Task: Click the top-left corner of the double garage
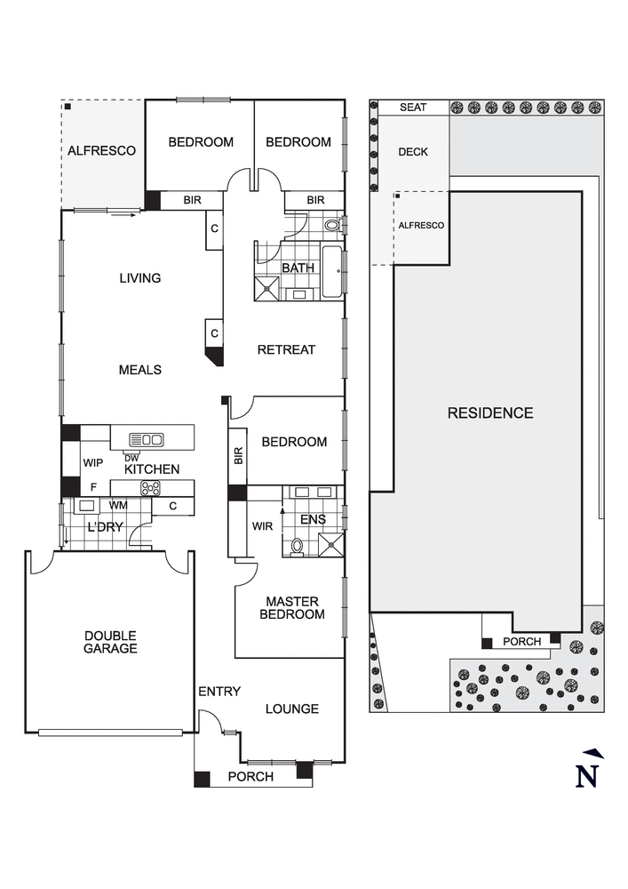[26, 550]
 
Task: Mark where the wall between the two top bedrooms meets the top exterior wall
[254, 101]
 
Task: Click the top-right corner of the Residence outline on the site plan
[582, 192]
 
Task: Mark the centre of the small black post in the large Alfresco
[68, 106]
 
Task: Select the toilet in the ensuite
[297, 546]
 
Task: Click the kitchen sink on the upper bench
[147, 439]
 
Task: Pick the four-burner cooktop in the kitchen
[150, 487]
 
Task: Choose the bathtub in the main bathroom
[332, 271]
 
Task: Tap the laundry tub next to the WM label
[87, 506]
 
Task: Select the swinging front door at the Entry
[211, 722]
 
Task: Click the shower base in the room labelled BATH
[266, 288]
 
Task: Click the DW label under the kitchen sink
[131, 458]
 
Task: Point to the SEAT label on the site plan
[413, 108]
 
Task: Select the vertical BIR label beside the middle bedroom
[238, 456]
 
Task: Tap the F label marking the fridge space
[93, 487]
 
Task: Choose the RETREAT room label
[286, 349]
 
